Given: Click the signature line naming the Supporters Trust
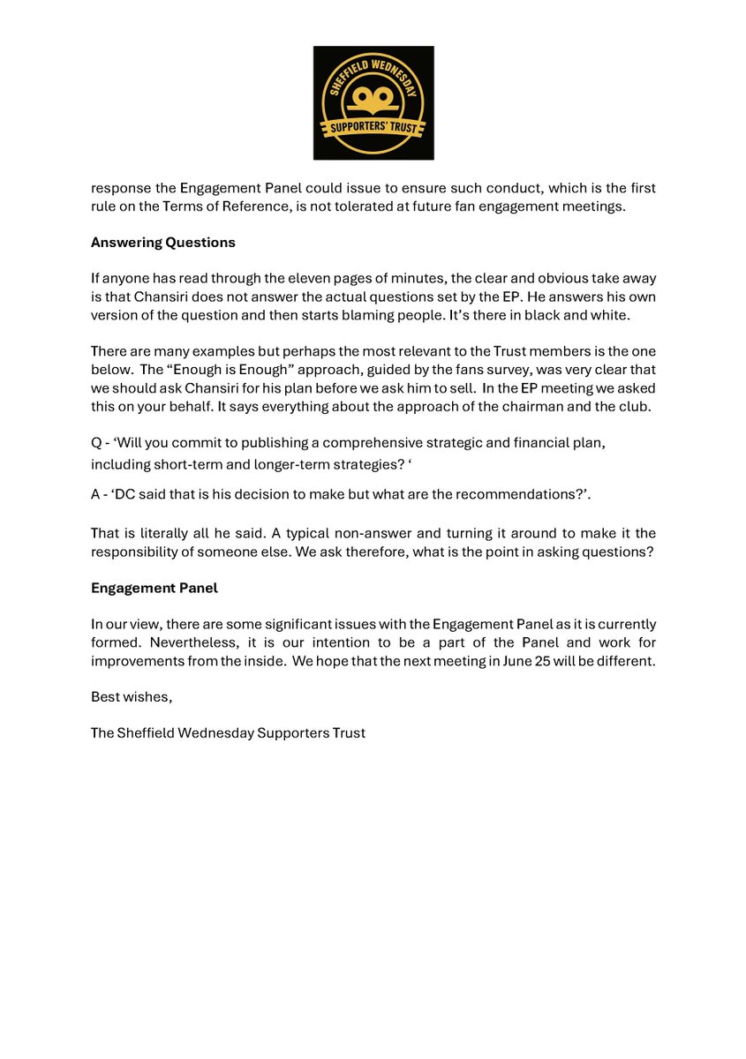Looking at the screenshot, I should coord(228,732).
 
